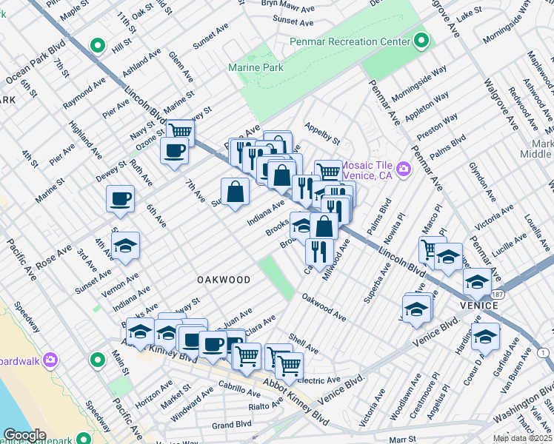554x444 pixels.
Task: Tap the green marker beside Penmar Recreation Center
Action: (421, 41)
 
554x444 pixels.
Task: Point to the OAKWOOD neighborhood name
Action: (223, 280)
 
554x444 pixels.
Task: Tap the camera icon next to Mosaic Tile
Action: (404, 169)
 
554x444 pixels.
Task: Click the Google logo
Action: (24, 435)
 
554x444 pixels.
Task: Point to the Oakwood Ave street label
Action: (324, 307)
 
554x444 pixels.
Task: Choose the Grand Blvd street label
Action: (233, 425)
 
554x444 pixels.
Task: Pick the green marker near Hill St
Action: (97, 46)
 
